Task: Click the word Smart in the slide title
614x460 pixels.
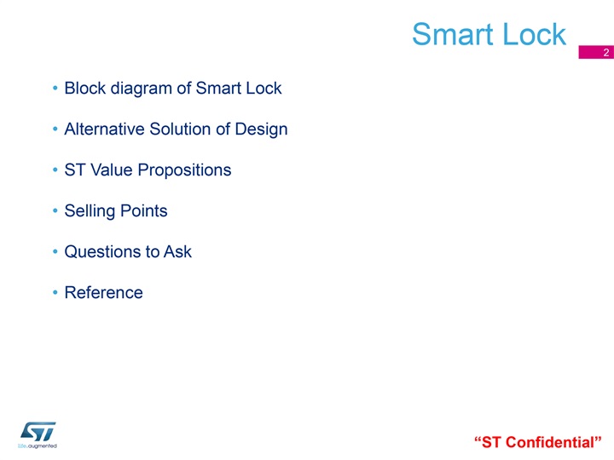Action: [452, 34]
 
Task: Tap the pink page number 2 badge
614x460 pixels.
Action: [596, 53]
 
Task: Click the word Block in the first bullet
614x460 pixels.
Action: [85, 88]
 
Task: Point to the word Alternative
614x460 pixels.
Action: [105, 129]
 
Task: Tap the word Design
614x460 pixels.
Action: [261, 130]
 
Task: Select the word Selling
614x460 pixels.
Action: [90, 211]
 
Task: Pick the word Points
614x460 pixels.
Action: [144, 211]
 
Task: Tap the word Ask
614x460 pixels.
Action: [177, 251]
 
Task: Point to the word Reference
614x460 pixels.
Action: [104, 292]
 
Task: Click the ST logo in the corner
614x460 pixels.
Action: [38, 431]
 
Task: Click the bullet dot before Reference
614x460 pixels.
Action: [55, 292]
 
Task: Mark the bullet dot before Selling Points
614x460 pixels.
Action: [55, 211]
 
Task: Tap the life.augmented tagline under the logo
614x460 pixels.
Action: [38, 446]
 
